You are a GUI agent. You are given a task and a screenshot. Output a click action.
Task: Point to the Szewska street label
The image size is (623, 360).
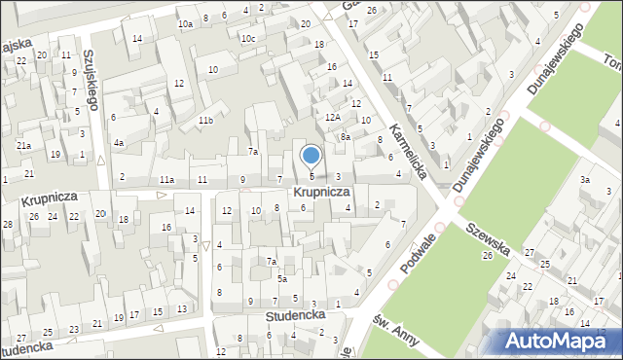point(487,236)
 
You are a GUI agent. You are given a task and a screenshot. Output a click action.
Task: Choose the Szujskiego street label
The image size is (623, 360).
point(92,81)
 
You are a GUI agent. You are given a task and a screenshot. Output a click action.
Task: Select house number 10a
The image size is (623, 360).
point(185,22)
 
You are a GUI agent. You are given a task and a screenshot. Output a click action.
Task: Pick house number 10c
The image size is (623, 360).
point(249,38)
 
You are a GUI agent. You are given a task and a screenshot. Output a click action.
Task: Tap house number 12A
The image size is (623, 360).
point(332,117)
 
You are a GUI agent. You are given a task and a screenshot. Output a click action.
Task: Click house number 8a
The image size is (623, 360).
point(345,137)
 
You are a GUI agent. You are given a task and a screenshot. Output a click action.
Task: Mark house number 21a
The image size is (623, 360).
point(22,145)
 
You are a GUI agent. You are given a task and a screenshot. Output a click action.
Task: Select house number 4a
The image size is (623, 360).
point(119,143)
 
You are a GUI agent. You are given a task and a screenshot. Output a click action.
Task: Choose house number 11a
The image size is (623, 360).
point(167,180)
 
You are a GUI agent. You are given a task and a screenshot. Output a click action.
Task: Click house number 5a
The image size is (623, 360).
point(282,279)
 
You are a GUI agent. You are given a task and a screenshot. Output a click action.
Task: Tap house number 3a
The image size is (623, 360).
point(585,180)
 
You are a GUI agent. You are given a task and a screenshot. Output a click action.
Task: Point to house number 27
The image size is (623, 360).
point(530,252)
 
